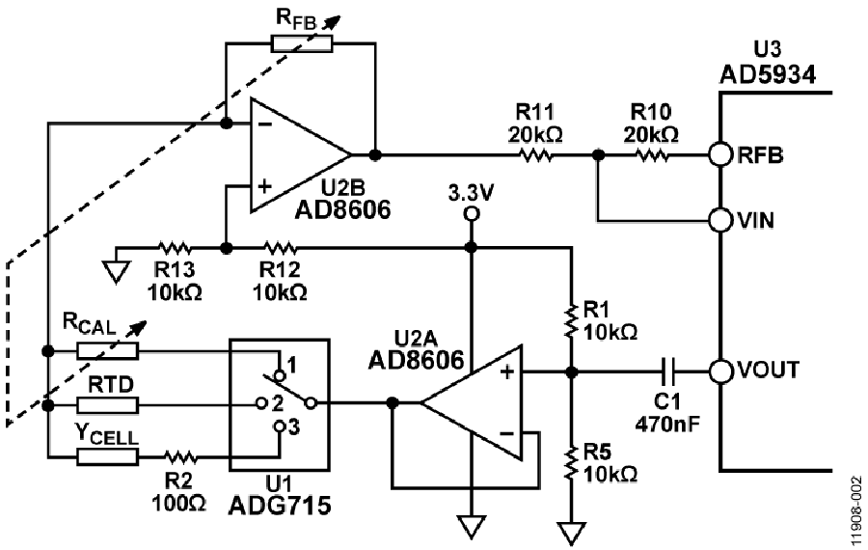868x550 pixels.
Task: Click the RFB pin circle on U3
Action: pos(720,155)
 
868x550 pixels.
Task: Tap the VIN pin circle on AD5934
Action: pos(720,220)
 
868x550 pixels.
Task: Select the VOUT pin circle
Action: pos(720,371)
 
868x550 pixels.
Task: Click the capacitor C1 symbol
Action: pos(668,371)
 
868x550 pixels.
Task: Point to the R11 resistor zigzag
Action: pos(536,155)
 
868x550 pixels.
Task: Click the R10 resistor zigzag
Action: pos(652,155)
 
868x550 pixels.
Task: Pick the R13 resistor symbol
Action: pos(175,247)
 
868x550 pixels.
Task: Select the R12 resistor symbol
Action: pos(280,247)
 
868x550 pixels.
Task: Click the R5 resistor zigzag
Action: pos(571,464)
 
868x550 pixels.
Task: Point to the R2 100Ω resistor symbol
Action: pos(180,457)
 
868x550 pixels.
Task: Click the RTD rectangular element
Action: pos(107,405)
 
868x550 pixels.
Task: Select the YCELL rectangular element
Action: pos(107,457)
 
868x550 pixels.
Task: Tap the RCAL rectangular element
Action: pos(107,350)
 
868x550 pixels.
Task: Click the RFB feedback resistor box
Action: pos(302,43)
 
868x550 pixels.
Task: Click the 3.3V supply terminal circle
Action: pos(471,213)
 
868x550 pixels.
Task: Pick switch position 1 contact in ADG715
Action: pos(280,375)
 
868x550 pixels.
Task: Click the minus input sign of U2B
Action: pos(265,124)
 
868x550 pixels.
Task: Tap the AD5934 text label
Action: pos(768,73)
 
